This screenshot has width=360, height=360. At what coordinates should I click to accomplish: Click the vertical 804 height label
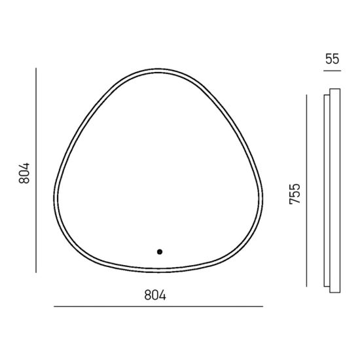(x=24, y=173)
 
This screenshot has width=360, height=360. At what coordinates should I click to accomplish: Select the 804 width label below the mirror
(x=155, y=295)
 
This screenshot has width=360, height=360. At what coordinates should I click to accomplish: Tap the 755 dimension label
(x=295, y=194)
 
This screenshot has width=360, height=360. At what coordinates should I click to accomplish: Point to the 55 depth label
(x=332, y=59)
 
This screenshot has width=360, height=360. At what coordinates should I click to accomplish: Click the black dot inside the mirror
(x=160, y=252)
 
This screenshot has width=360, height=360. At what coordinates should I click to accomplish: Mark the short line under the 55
(x=333, y=71)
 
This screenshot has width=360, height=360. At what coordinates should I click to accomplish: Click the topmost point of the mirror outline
(x=158, y=69)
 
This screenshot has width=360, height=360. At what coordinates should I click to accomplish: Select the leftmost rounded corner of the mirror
(x=54, y=198)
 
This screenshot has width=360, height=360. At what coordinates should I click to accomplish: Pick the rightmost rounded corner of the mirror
(x=262, y=198)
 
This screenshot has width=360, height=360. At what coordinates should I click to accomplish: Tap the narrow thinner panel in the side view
(x=327, y=190)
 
